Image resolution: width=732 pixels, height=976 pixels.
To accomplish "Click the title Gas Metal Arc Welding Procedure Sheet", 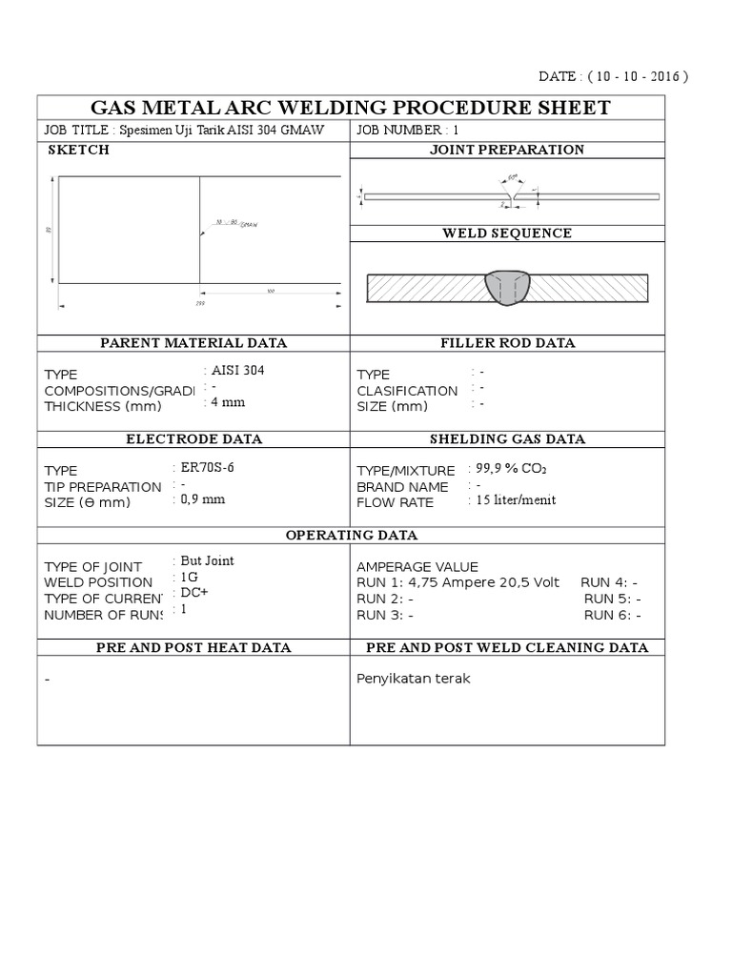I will coord(350,108).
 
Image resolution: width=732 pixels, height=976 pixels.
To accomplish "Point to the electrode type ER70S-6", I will coord(207,467).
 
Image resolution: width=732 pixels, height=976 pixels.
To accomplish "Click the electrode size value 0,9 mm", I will coord(202,498).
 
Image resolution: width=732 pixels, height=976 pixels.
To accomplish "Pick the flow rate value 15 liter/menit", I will coord(516,499).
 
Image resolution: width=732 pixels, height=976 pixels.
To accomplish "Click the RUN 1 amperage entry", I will coord(458,582).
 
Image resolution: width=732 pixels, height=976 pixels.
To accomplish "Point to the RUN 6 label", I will coord(610,615).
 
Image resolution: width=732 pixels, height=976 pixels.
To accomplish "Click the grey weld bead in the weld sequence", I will coord(507,289).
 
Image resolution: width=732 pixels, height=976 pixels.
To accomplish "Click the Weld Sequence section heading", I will coord(507,234).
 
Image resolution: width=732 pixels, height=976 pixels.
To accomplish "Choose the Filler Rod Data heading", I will coord(507,343).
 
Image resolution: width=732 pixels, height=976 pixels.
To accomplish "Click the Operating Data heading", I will coord(351,535).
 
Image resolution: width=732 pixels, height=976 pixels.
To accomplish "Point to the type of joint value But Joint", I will coord(207,561).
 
